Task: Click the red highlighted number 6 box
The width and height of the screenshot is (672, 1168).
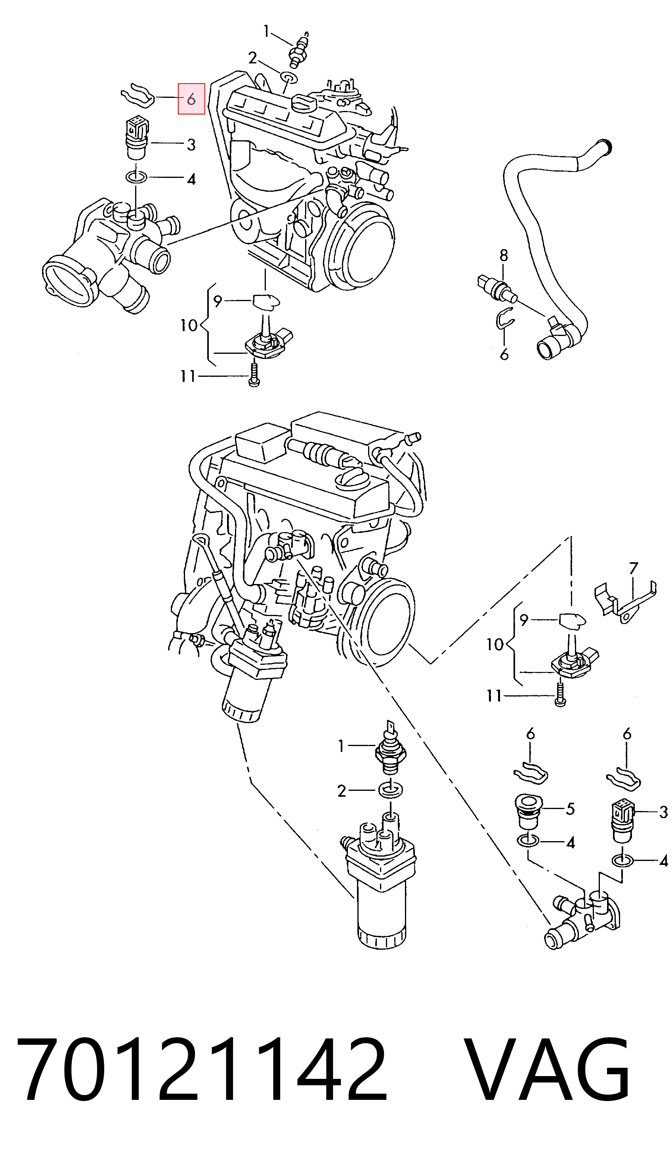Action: click(x=191, y=99)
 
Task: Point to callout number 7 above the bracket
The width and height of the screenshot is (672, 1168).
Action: click(x=633, y=568)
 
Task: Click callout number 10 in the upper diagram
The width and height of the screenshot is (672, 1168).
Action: click(x=189, y=326)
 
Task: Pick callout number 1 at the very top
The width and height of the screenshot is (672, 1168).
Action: click(x=266, y=31)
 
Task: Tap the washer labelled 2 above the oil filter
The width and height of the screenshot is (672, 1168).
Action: click(x=390, y=790)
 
